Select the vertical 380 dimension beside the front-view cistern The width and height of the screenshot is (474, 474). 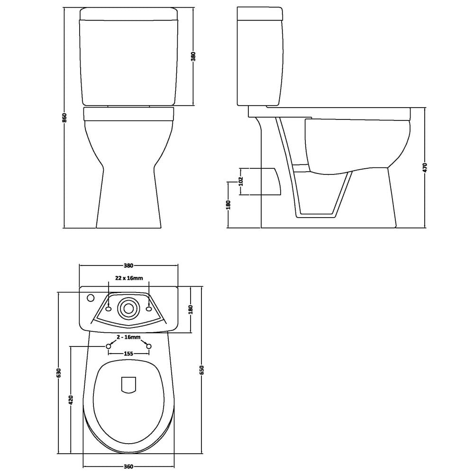coord(193,56)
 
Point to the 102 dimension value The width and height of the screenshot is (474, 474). coord(241,182)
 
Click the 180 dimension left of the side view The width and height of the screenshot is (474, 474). coord(228,205)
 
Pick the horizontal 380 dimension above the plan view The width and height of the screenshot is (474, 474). coord(128,265)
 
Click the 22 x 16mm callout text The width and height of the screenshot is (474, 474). coord(128,278)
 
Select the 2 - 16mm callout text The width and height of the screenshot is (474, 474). coord(128,337)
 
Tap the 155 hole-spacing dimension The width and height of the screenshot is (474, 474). coord(128,354)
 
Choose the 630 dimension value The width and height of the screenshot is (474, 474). coord(59,373)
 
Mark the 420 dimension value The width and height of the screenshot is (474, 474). coord(71,400)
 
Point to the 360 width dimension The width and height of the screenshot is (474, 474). coord(128,466)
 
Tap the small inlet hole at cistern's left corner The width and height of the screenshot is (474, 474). coord(91,299)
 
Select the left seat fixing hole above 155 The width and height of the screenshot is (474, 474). coord(108,346)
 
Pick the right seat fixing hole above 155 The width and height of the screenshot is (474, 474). coord(149,346)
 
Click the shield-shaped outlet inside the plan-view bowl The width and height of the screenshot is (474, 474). coord(128,384)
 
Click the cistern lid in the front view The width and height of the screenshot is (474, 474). coord(129,14)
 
